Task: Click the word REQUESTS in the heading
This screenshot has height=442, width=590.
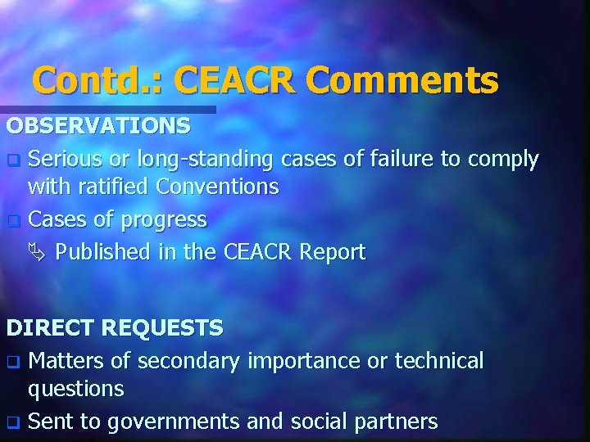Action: [x=164, y=328]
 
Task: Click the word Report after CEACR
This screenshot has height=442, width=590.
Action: [x=332, y=252]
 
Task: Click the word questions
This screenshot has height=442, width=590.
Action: [x=75, y=389]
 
